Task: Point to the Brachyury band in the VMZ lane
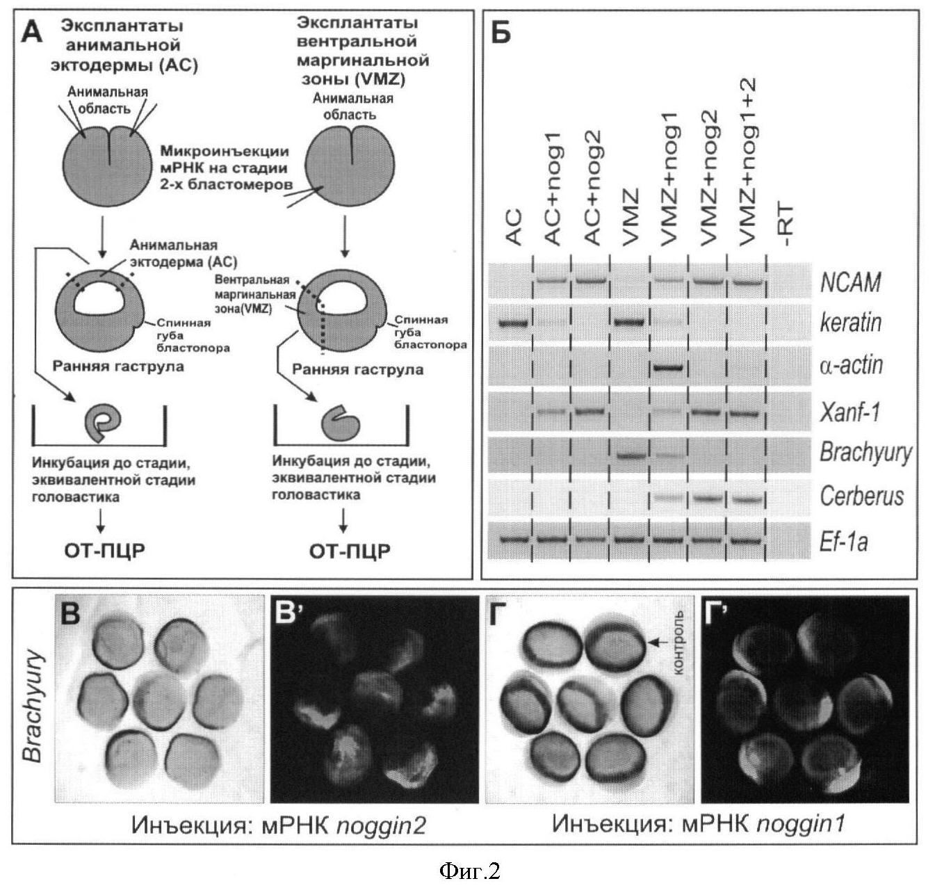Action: tap(631, 455)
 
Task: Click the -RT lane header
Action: tap(787, 226)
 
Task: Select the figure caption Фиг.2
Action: tap(469, 870)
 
